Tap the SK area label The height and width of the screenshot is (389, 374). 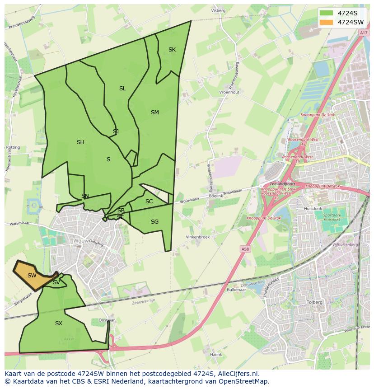click(x=172, y=50)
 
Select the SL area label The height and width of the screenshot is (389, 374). click(x=122, y=89)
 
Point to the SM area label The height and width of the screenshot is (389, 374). click(x=155, y=112)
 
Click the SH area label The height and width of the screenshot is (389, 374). click(x=80, y=142)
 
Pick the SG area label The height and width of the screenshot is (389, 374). click(x=154, y=222)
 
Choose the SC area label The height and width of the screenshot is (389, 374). click(x=149, y=202)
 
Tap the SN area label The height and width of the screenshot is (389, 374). click(x=85, y=196)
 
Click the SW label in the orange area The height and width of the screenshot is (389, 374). click(x=32, y=276)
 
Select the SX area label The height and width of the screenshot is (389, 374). click(x=59, y=323)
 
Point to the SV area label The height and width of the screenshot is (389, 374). click(x=56, y=282)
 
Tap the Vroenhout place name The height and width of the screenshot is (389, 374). click(x=229, y=92)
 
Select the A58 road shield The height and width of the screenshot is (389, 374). click(x=245, y=249)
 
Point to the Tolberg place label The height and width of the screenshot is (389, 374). click(x=314, y=302)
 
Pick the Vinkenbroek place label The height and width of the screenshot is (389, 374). click(x=198, y=237)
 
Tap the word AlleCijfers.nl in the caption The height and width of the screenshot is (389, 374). click(x=237, y=374)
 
